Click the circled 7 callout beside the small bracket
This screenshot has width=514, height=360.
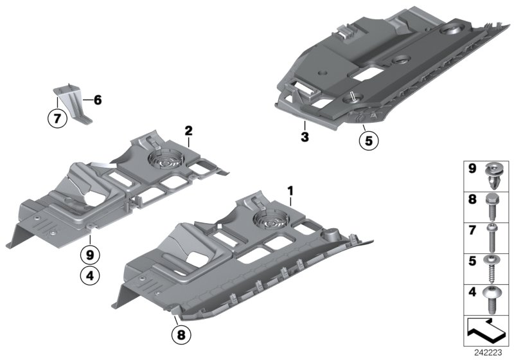point(56,118)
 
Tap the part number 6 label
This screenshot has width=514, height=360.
point(97,100)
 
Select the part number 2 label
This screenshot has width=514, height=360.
point(188,131)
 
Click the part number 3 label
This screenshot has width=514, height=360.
point(305,137)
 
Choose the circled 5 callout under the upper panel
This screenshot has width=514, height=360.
point(367,140)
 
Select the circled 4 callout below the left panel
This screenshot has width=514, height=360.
point(89,277)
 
